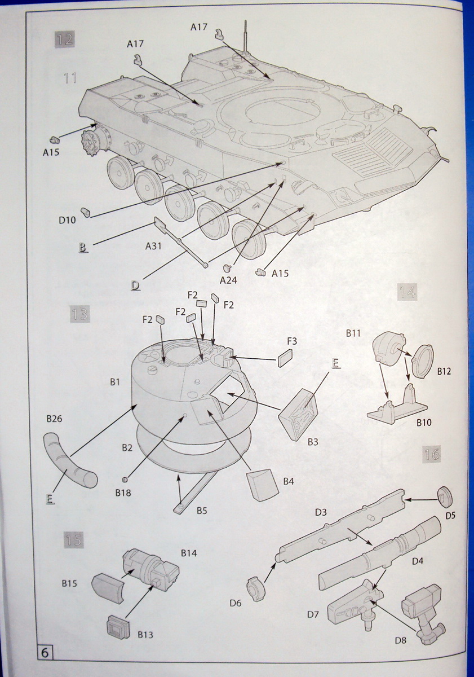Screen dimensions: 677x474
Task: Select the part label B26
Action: pyautogui.click(x=55, y=419)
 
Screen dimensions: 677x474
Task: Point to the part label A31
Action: pyautogui.click(x=154, y=246)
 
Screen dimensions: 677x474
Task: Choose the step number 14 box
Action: pyautogui.click(x=407, y=292)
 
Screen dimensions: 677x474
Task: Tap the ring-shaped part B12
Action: pyautogui.click(x=423, y=361)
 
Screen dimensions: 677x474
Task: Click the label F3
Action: pyautogui.click(x=292, y=341)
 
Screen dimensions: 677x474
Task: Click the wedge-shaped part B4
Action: pyautogui.click(x=263, y=483)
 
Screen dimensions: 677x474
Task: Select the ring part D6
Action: pyautogui.click(x=256, y=590)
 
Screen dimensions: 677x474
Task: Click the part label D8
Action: pyautogui.click(x=401, y=640)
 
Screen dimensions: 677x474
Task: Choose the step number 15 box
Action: pyautogui.click(x=73, y=540)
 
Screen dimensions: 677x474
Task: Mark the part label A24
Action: pyautogui.click(x=228, y=280)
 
